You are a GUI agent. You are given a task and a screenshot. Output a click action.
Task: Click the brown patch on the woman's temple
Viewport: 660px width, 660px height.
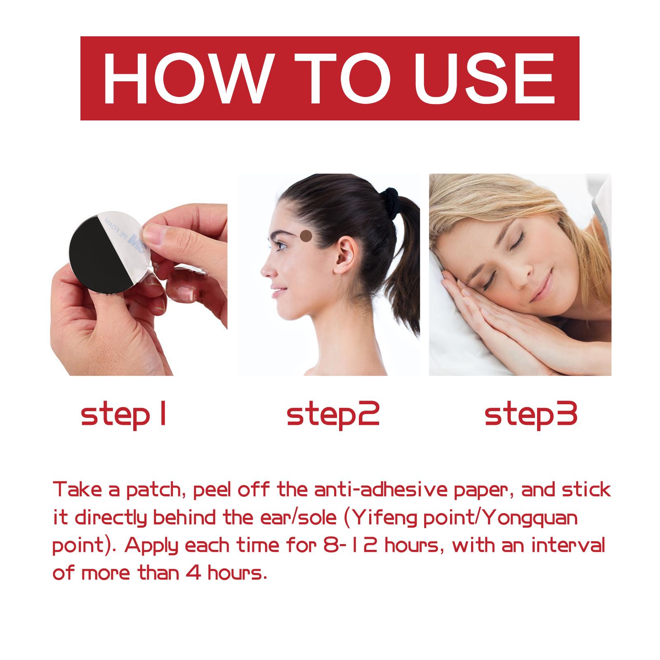click(x=306, y=236)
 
